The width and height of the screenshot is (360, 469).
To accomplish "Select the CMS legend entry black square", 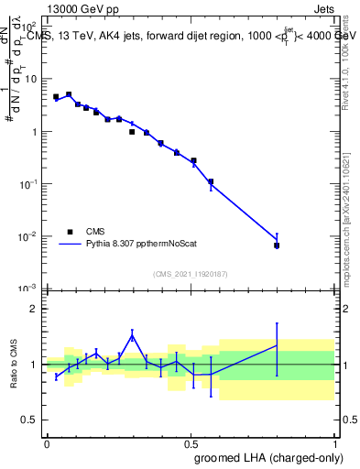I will point(70,232).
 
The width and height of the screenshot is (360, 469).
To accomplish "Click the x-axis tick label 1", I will point(334,442).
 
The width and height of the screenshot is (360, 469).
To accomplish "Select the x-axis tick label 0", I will point(47,442).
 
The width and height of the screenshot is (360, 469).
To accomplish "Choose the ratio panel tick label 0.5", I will point(32,421).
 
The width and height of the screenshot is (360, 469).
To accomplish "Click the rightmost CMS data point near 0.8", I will point(277,245).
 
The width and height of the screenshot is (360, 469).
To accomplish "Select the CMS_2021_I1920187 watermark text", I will point(191,273).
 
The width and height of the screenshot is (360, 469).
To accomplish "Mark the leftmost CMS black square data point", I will point(56,96).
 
